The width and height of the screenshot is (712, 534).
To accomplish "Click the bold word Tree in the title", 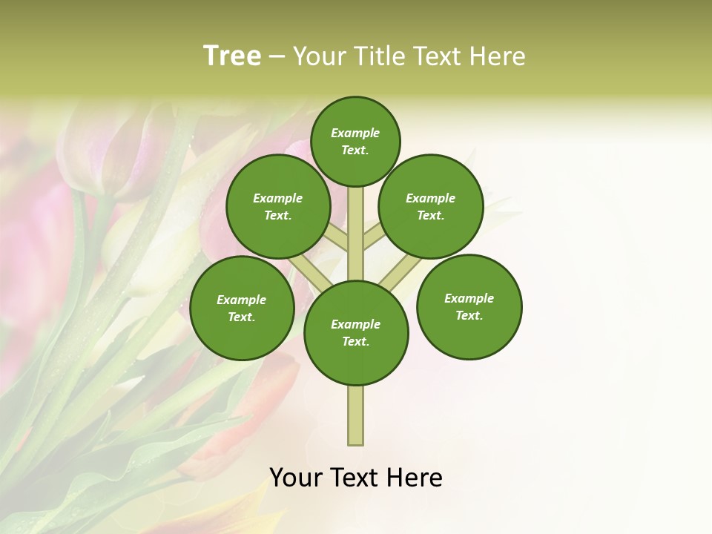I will tap(232, 56).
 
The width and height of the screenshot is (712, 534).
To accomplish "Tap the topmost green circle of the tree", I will tap(355, 141).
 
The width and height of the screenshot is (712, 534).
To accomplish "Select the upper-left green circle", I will tap(278, 206).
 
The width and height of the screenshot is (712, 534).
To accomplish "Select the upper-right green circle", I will tap(431, 206).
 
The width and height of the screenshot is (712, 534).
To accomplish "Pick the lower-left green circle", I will tap(242, 308).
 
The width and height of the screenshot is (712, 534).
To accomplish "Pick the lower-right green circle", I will tap(469, 306).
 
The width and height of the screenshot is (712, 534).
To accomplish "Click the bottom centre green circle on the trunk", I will tap(356, 332).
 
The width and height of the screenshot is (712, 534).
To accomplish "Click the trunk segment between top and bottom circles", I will tap(356, 234).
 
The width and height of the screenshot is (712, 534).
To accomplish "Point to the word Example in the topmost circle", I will tap(355, 133).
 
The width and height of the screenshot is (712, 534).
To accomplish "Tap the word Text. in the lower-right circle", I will tap(469, 315).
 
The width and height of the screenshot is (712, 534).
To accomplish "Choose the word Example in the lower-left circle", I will tap(242, 300).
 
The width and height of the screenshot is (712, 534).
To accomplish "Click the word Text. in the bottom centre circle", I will tap(356, 341).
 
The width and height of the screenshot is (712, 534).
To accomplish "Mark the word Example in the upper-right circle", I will tap(431, 198).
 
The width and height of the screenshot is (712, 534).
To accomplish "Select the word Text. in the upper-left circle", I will tap(278, 215).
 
